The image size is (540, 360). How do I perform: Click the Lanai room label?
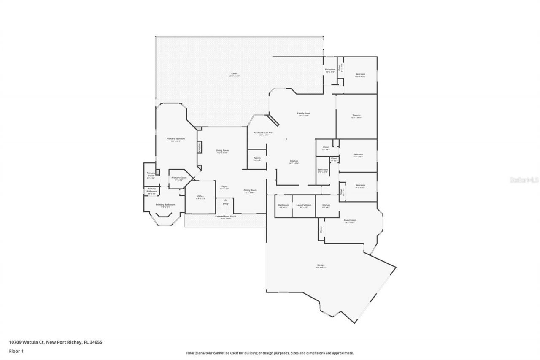pos(234,73)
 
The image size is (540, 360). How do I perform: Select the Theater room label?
pos(356,115)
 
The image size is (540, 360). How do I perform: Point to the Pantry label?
pos(257,158)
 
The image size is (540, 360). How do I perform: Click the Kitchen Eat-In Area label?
pos(264,133)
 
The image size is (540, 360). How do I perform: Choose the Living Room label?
pos(222,150)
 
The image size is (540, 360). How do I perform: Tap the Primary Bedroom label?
pos(175,138)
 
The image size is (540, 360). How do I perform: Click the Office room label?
pos(200,196)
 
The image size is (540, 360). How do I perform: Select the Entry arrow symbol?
pos(226,200)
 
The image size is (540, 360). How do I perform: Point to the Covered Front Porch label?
pos(226,217)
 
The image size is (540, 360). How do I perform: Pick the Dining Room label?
pos(250,190)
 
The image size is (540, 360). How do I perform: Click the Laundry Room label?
pos(304,205)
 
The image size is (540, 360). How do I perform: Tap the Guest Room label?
pos(350,220)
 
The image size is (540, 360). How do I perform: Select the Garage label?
pos(321,265)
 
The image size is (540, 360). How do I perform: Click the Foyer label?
pos(225,187)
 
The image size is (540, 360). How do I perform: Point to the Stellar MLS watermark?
pos(524,180)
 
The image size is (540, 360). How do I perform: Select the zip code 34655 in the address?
pos(95,342)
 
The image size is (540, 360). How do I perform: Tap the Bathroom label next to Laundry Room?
pos(283,205)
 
